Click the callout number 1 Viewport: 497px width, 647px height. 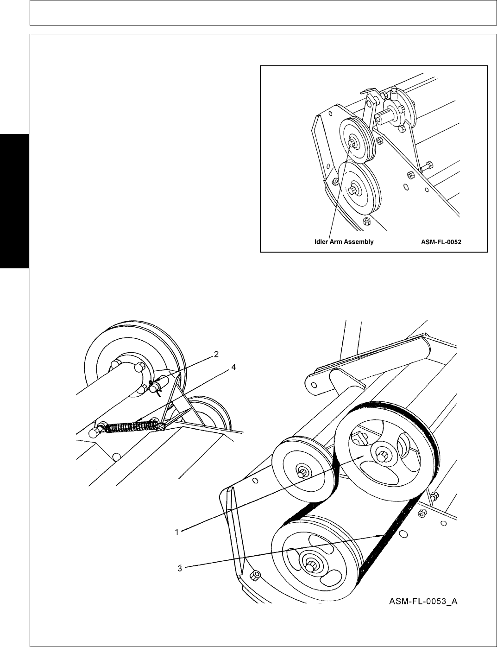[176, 532]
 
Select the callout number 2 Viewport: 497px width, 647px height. [215, 355]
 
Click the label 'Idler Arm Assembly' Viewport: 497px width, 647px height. [344, 242]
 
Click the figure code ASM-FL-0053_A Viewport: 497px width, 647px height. [422, 602]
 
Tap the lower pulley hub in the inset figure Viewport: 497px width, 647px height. [355, 189]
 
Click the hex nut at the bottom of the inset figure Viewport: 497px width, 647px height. [366, 220]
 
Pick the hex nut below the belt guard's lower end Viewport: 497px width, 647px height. [254, 576]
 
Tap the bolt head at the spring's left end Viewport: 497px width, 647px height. [93, 432]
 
